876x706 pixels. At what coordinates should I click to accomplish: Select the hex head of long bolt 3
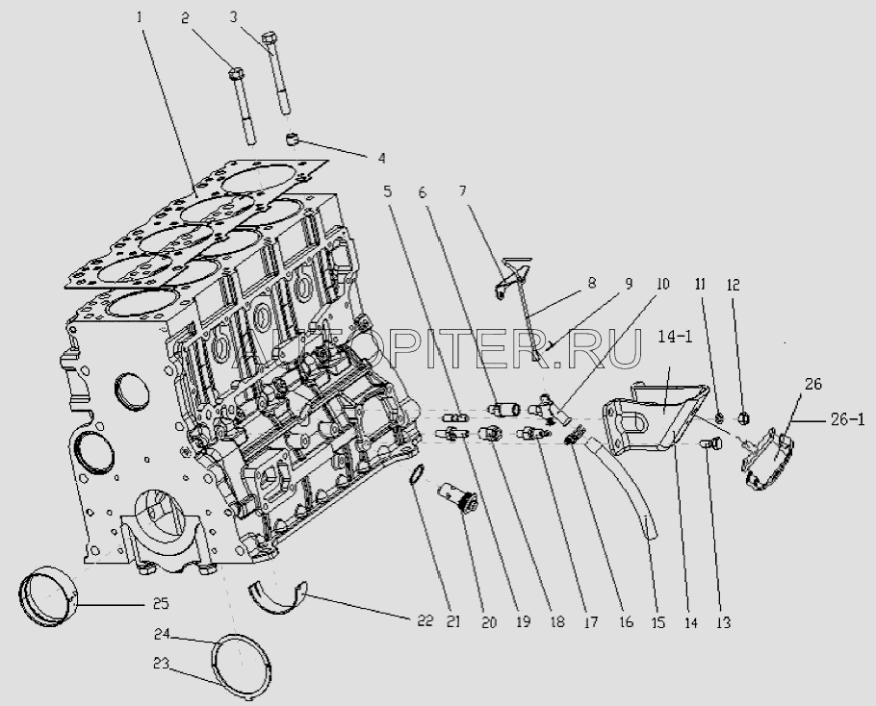[x=271, y=39]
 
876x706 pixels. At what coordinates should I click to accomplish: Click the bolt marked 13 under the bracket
[x=709, y=443]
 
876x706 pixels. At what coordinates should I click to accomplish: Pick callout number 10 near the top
[x=663, y=286]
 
